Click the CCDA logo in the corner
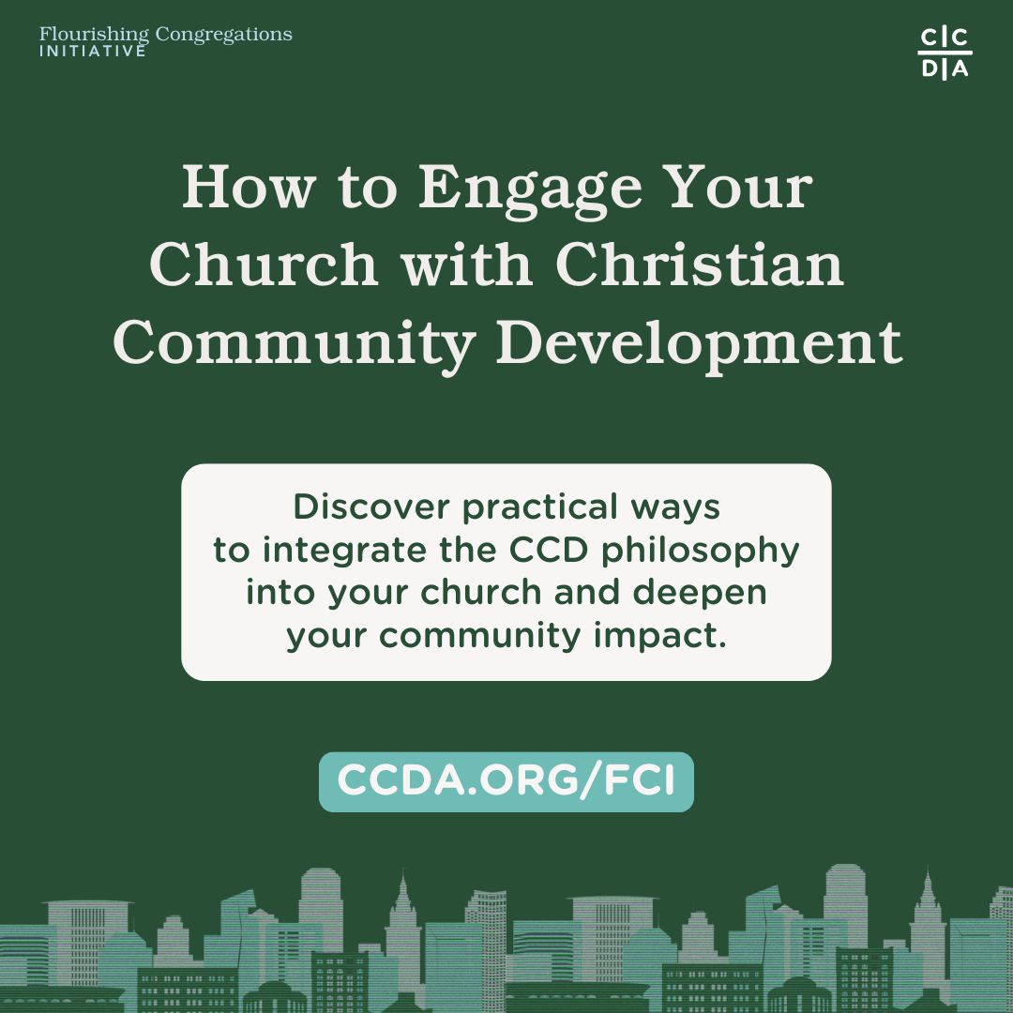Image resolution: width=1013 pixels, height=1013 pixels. (945, 53)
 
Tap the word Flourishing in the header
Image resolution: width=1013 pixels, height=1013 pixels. (94, 35)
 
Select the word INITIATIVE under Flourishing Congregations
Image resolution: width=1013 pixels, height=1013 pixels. (92, 51)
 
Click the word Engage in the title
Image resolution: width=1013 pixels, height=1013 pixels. (530, 189)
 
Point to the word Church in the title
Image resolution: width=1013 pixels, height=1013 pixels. (264, 264)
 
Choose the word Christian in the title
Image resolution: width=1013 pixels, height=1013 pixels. (700, 264)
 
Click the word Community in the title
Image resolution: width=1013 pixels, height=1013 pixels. (295, 344)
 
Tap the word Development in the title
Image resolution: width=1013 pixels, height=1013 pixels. (699, 344)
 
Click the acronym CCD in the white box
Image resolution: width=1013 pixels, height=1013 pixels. (549, 550)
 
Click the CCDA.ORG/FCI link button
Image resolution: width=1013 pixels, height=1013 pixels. (506, 781)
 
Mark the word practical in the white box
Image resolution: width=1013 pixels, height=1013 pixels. (539, 508)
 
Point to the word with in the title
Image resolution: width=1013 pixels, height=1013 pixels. (467, 264)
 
